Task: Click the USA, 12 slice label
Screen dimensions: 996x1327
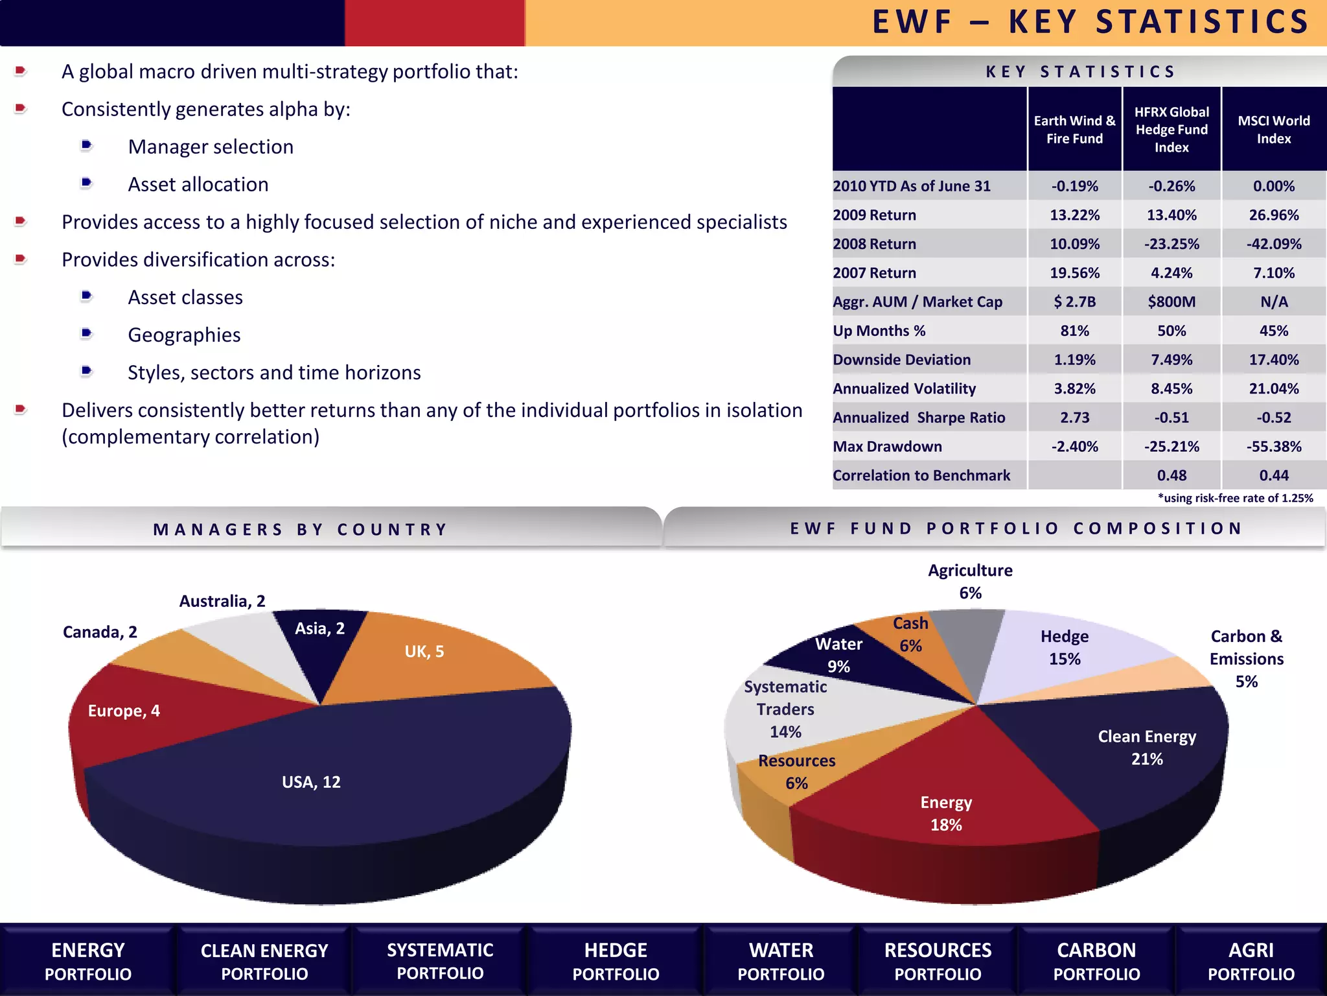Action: click(x=311, y=782)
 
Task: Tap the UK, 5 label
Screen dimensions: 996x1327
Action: click(x=424, y=652)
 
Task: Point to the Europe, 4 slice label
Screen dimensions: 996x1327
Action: click(x=124, y=711)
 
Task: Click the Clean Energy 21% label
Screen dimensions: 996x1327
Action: click(x=1147, y=748)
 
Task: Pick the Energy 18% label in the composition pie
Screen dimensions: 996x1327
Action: click(x=946, y=814)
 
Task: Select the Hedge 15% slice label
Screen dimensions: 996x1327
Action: click(x=1065, y=648)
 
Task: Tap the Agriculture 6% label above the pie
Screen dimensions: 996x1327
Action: click(x=970, y=582)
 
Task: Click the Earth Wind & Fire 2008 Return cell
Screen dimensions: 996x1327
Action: click(x=1074, y=244)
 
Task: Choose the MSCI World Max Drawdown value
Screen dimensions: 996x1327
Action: click(x=1273, y=447)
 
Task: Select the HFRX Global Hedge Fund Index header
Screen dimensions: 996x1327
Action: click(x=1171, y=130)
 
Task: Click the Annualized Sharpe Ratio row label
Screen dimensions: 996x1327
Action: click(x=919, y=418)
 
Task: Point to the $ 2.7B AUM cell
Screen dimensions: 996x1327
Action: click(x=1074, y=302)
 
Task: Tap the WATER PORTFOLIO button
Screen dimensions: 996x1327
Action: click(x=781, y=962)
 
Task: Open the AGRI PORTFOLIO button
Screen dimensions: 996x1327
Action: click(x=1251, y=962)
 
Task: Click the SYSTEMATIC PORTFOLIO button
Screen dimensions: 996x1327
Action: click(x=440, y=962)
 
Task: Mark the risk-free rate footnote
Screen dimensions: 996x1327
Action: click(x=1235, y=498)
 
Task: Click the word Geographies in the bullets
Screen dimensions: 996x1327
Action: click(x=184, y=335)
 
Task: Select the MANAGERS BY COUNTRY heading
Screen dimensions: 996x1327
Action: click(x=301, y=530)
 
